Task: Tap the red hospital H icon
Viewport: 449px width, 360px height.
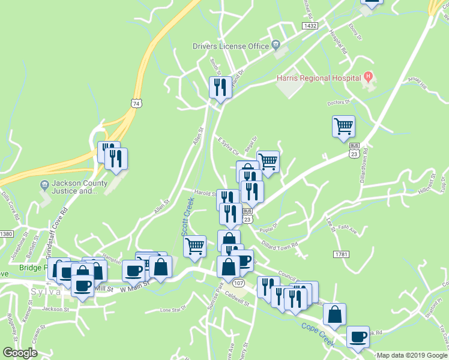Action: [x=369, y=77]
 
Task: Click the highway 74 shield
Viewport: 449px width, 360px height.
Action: [x=138, y=103]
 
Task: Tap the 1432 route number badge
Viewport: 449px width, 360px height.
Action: [x=310, y=26]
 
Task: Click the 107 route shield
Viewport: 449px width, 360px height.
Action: [x=239, y=283]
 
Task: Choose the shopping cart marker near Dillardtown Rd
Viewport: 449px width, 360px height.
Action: [x=343, y=127]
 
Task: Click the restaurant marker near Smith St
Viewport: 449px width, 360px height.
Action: [x=220, y=88]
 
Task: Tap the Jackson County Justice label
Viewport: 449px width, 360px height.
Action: [x=74, y=187]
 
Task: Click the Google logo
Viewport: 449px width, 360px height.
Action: [x=20, y=353]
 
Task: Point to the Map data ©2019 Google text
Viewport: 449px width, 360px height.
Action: [x=412, y=355]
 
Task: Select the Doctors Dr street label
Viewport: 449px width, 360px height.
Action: [x=338, y=103]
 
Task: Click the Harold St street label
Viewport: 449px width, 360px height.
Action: [x=205, y=193]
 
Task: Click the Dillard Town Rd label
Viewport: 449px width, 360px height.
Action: [x=279, y=245]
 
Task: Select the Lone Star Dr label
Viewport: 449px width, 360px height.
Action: [x=173, y=310]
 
